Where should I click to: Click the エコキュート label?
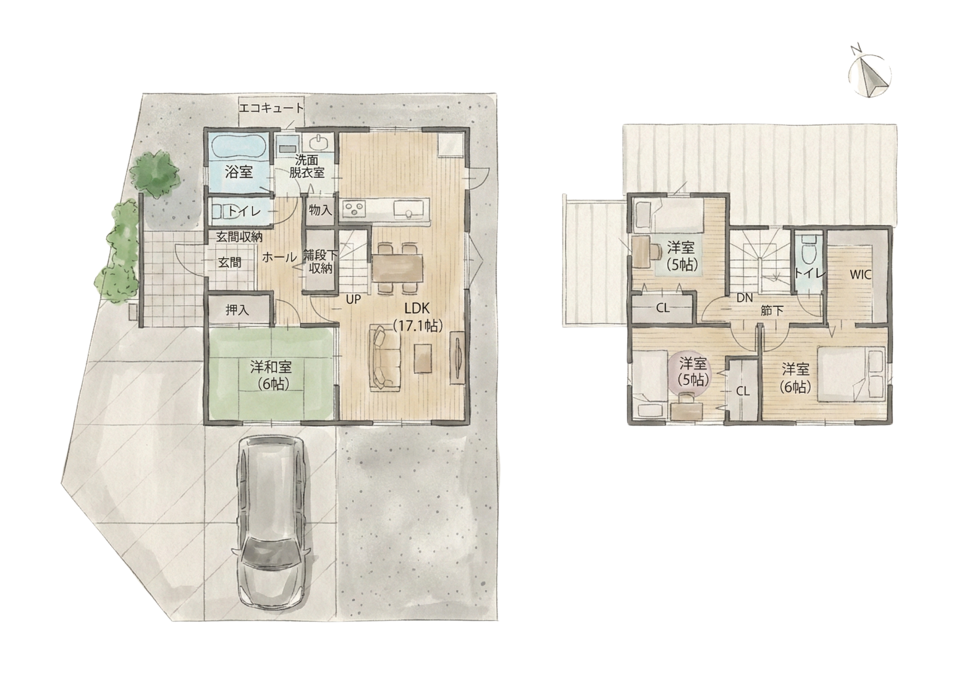(271, 107)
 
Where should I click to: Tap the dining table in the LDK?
(398, 268)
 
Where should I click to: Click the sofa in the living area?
(384, 356)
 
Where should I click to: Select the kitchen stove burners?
(354, 209)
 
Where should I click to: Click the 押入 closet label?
(237, 310)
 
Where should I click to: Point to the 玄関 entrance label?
(229, 262)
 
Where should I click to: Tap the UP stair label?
(353, 299)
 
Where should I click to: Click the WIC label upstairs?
(860, 274)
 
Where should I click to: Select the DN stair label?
(745, 298)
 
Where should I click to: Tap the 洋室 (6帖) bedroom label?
(795, 377)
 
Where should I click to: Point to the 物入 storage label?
(320, 210)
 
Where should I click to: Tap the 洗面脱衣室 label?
(307, 166)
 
